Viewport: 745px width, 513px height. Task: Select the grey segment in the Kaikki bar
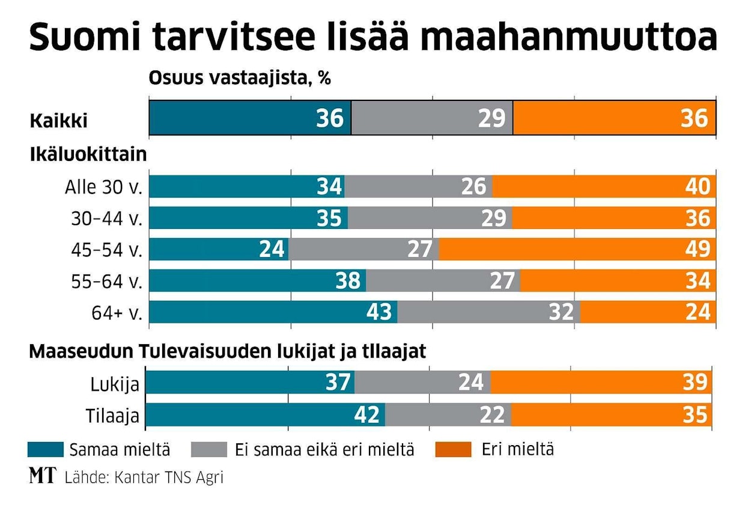point(432,118)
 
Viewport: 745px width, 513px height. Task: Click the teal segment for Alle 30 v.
point(246,186)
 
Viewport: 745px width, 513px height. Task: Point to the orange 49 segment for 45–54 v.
point(577,249)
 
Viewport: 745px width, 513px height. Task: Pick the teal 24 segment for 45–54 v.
point(219,249)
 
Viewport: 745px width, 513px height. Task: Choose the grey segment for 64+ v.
point(488,312)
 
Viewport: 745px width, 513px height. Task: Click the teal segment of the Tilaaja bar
point(265,414)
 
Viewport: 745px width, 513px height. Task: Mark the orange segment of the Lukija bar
point(601,382)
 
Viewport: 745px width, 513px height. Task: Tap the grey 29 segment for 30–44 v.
point(430,217)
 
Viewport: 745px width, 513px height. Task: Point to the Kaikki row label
point(59,121)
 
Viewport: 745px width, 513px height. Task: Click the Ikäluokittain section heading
point(88,154)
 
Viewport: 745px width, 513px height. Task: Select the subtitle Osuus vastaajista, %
point(240,78)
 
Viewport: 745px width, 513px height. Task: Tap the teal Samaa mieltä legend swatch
point(46,449)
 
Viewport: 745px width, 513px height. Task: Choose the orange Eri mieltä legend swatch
point(452,449)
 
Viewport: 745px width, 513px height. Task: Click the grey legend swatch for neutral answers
point(209,449)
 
